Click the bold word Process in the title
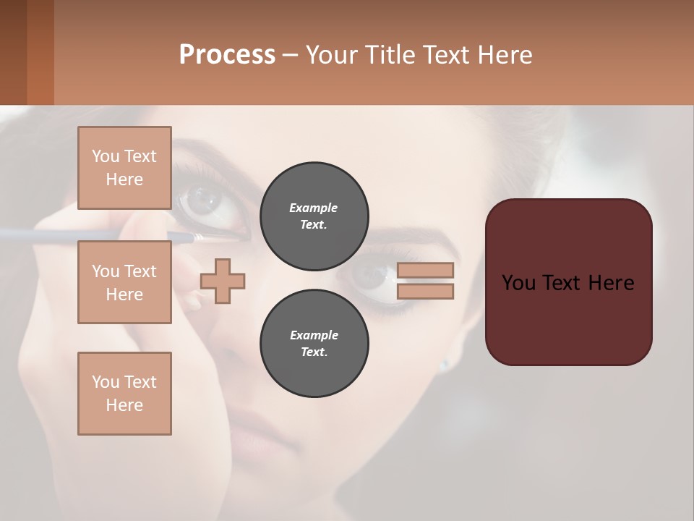click(x=227, y=55)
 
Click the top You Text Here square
click(x=124, y=168)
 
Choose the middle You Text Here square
click(x=124, y=282)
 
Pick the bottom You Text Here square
click(x=124, y=394)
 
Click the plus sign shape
click(x=223, y=281)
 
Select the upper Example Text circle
click(x=314, y=216)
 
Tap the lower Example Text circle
click(x=314, y=344)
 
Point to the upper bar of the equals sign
click(x=425, y=270)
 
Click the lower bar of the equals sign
click(x=425, y=292)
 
